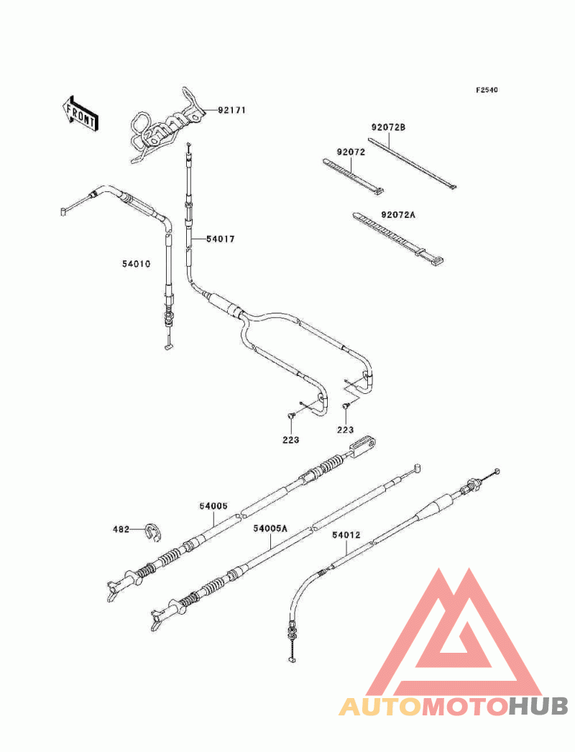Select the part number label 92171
pos(231,110)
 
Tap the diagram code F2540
pos(487,90)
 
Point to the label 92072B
pos(388,127)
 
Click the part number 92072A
pos(398,215)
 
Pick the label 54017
pos(221,239)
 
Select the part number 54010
pos(136,264)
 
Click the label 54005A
pos(270,528)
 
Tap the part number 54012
pos(346,535)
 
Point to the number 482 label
pos(121,529)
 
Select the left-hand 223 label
pos(290,440)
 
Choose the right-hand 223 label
pos(345,430)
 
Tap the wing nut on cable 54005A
pos(158,619)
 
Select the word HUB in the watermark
pos(538,707)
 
